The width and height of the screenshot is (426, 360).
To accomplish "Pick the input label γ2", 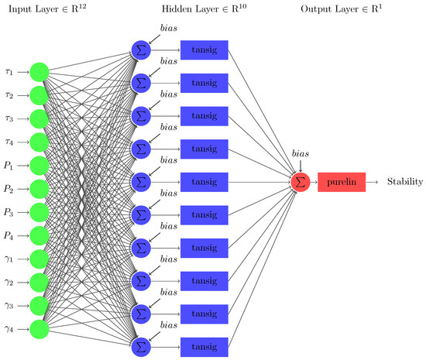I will click(x=11, y=283).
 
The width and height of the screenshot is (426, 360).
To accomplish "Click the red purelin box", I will click(x=342, y=182).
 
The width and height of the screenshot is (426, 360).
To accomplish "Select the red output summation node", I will click(x=300, y=182).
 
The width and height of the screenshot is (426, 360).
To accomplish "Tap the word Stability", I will click(x=404, y=182).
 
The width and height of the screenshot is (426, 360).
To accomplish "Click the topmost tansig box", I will click(x=203, y=50).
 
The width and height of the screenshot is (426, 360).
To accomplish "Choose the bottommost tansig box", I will click(x=203, y=345).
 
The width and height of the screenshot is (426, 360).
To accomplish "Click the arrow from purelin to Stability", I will click(x=374, y=182).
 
